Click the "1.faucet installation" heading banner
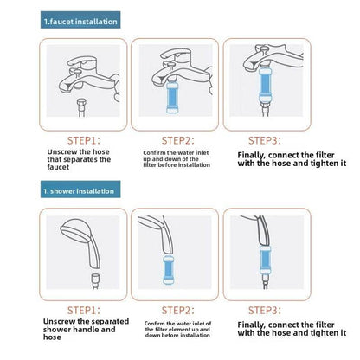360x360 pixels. [x=80, y=20]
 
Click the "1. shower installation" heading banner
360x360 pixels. [x=80, y=190]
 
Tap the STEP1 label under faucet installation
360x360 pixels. [x=84, y=140]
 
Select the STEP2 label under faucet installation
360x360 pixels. [x=177, y=140]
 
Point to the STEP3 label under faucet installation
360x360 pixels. [x=264, y=140]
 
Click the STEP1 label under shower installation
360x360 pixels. [x=84, y=311]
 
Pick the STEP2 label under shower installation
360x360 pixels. [x=177, y=311]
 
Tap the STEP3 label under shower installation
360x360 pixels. [x=264, y=311]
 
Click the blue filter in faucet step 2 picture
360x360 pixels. [x=172, y=97]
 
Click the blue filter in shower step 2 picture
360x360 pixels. [x=168, y=270]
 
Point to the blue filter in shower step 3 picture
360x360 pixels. [x=265, y=260]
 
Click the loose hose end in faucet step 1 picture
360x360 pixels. [x=81, y=108]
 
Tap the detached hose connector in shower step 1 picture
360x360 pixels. [x=95, y=281]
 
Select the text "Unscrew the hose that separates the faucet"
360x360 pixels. [x=79, y=159]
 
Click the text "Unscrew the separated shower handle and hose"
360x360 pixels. [x=86, y=330]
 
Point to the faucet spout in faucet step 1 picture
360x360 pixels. [x=71, y=86]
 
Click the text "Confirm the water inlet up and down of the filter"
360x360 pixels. [x=177, y=159]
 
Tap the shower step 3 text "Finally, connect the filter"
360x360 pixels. [x=286, y=325]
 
